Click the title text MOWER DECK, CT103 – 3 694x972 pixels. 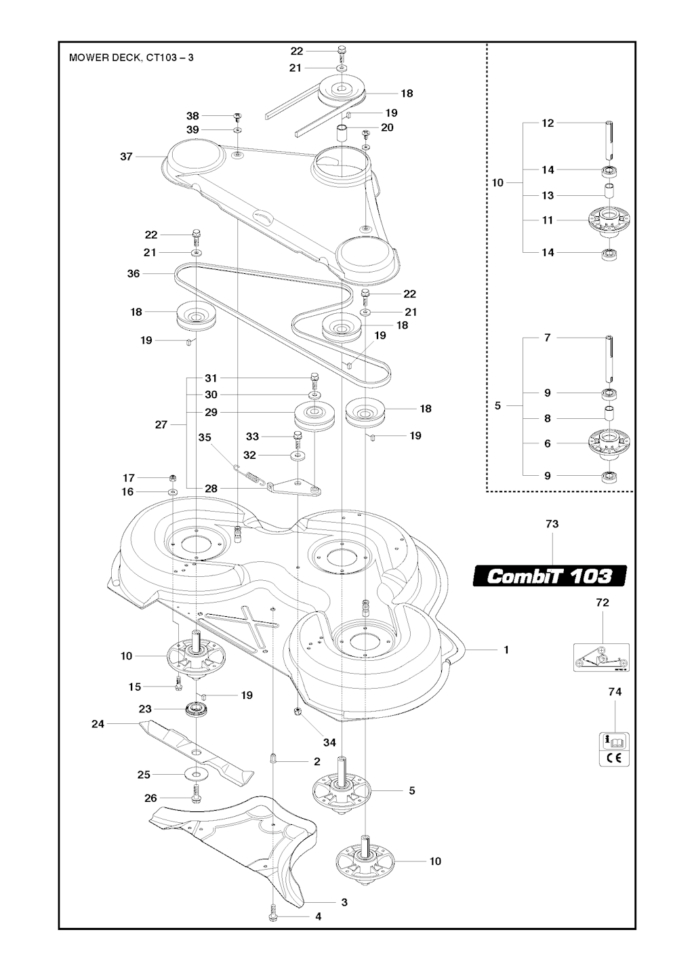[131, 58]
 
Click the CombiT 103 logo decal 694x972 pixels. [550, 576]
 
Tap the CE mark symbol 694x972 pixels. [614, 757]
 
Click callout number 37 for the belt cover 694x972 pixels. [126, 156]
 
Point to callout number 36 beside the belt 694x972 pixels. [134, 273]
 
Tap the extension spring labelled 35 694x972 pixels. [250, 473]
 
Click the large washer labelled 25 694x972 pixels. [198, 774]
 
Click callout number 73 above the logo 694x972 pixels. [552, 524]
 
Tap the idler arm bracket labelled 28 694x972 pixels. [295, 487]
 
